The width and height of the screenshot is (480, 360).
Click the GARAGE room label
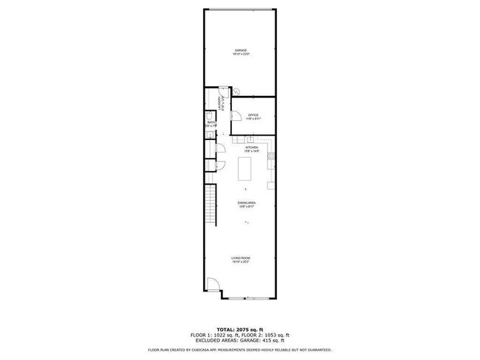(x=241, y=50)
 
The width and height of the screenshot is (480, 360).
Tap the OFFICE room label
(x=253, y=114)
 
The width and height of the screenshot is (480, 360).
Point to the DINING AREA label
(x=247, y=203)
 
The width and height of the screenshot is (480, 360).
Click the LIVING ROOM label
(x=241, y=257)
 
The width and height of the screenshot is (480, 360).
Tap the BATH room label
(x=210, y=122)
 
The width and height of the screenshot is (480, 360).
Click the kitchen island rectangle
(x=246, y=170)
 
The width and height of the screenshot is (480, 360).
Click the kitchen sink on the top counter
(x=250, y=139)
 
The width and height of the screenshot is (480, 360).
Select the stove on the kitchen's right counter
(x=272, y=156)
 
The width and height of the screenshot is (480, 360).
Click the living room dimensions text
(x=241, y=262)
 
